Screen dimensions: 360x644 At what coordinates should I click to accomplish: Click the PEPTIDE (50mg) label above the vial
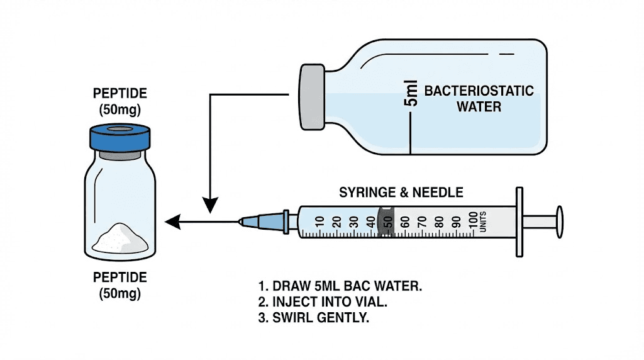(119, 101)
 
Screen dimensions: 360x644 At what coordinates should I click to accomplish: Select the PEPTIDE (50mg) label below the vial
(119, 285)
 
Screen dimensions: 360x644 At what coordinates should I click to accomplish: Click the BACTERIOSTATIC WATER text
(479, 99)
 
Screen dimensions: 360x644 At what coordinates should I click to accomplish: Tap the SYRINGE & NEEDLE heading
(401, 192)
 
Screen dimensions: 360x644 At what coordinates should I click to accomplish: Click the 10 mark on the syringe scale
(319, 221)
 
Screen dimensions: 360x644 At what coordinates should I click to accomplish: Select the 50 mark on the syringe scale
(388, 221)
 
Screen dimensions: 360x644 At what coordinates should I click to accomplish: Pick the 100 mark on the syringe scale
(474, 221)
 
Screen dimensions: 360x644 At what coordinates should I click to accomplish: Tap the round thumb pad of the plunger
(558, 221)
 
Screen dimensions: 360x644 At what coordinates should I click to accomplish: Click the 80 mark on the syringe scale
(439, 221)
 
